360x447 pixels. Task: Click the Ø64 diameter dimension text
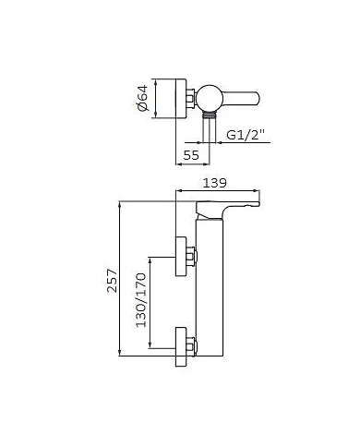(142, 98)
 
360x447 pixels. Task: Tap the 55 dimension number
(191, 156)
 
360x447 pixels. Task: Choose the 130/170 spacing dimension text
(141, 299)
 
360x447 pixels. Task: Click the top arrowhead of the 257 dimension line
(122, 199)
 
